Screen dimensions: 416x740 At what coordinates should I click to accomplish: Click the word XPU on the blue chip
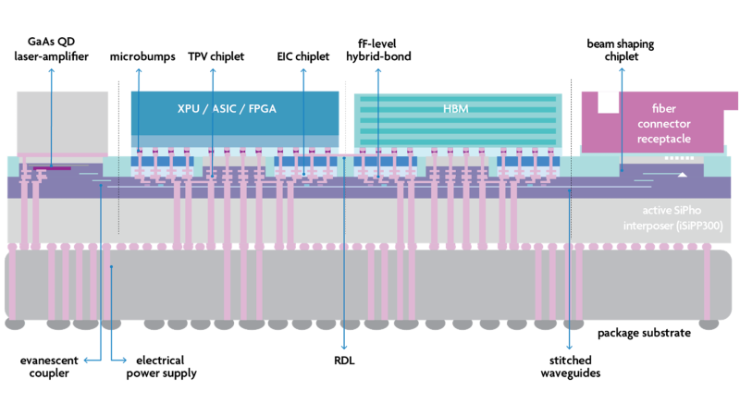[191, 108]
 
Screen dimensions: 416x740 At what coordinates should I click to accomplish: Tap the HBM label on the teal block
[456, 108]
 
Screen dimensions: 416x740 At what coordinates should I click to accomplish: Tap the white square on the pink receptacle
[608, 102]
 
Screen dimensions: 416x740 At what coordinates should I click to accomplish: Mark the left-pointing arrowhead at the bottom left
[86, 360]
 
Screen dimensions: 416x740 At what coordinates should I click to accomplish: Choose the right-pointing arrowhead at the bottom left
[124, 360]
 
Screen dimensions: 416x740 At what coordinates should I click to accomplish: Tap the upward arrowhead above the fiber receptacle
[622, 68]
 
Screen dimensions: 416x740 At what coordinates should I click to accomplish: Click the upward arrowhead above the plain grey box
[52, 70]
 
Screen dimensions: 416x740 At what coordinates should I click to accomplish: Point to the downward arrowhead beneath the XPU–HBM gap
[344, 347]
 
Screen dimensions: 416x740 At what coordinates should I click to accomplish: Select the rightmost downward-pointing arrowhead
[569, 348]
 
